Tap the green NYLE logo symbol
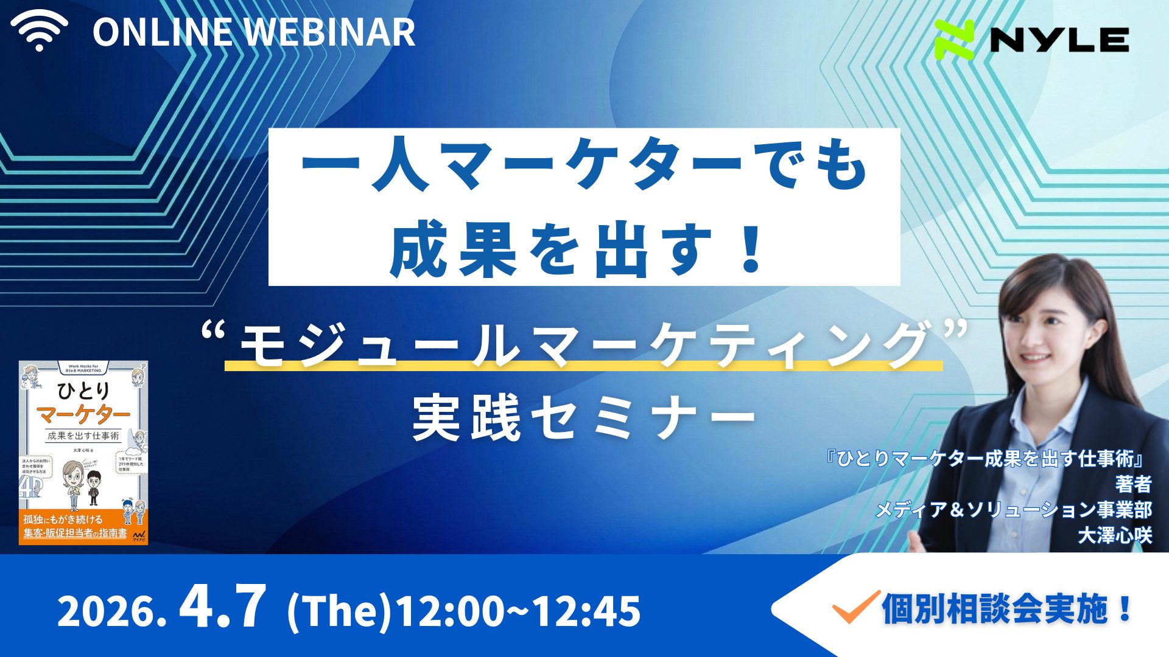click(x=955, y=40)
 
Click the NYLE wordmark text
click(x=1059, y=40)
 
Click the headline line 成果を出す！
click(x=576, y=249)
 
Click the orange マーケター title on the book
click(x=83, y=415)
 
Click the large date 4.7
click(x=223, y=608)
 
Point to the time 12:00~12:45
click(x=518, y=612)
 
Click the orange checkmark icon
click(x=855, y=607)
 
